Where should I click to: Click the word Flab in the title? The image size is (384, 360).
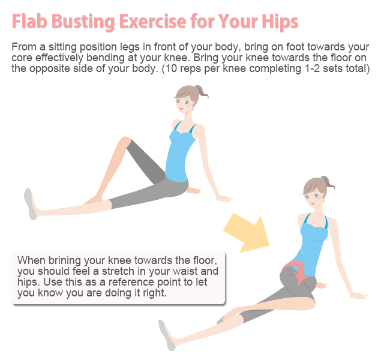[x=29, y=21]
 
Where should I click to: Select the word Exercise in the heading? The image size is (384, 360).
[x=153, y=21]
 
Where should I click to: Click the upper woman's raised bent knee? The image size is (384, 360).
[x=125, y=142]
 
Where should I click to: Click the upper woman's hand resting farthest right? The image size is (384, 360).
[x=225, y=198]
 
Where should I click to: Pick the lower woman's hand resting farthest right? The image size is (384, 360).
[x=358, y=296]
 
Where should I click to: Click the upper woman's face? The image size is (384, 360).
[x=184, y=103]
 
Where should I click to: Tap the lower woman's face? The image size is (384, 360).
[x=313, y=197]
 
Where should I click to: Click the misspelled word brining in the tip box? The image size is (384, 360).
[x=65, y=260]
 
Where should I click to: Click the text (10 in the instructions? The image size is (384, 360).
[x=169, y=68]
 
